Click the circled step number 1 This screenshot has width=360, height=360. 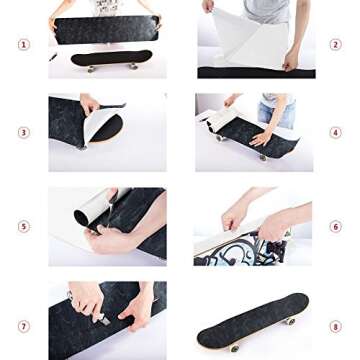(23, 44)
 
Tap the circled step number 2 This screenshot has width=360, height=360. (336, 44)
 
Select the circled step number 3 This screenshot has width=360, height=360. (23, 131)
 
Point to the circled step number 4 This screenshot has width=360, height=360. (336, 131)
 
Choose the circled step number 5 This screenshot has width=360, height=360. (23, 227)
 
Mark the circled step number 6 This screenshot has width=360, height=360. (336, 227)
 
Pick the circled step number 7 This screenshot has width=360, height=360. (23, 326)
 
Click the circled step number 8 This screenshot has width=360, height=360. (336, 326)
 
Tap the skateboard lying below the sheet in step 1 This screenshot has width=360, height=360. (110, 59)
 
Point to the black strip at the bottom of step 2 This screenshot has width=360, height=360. (255, 72)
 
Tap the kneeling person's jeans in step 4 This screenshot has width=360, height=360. (276, 113)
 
